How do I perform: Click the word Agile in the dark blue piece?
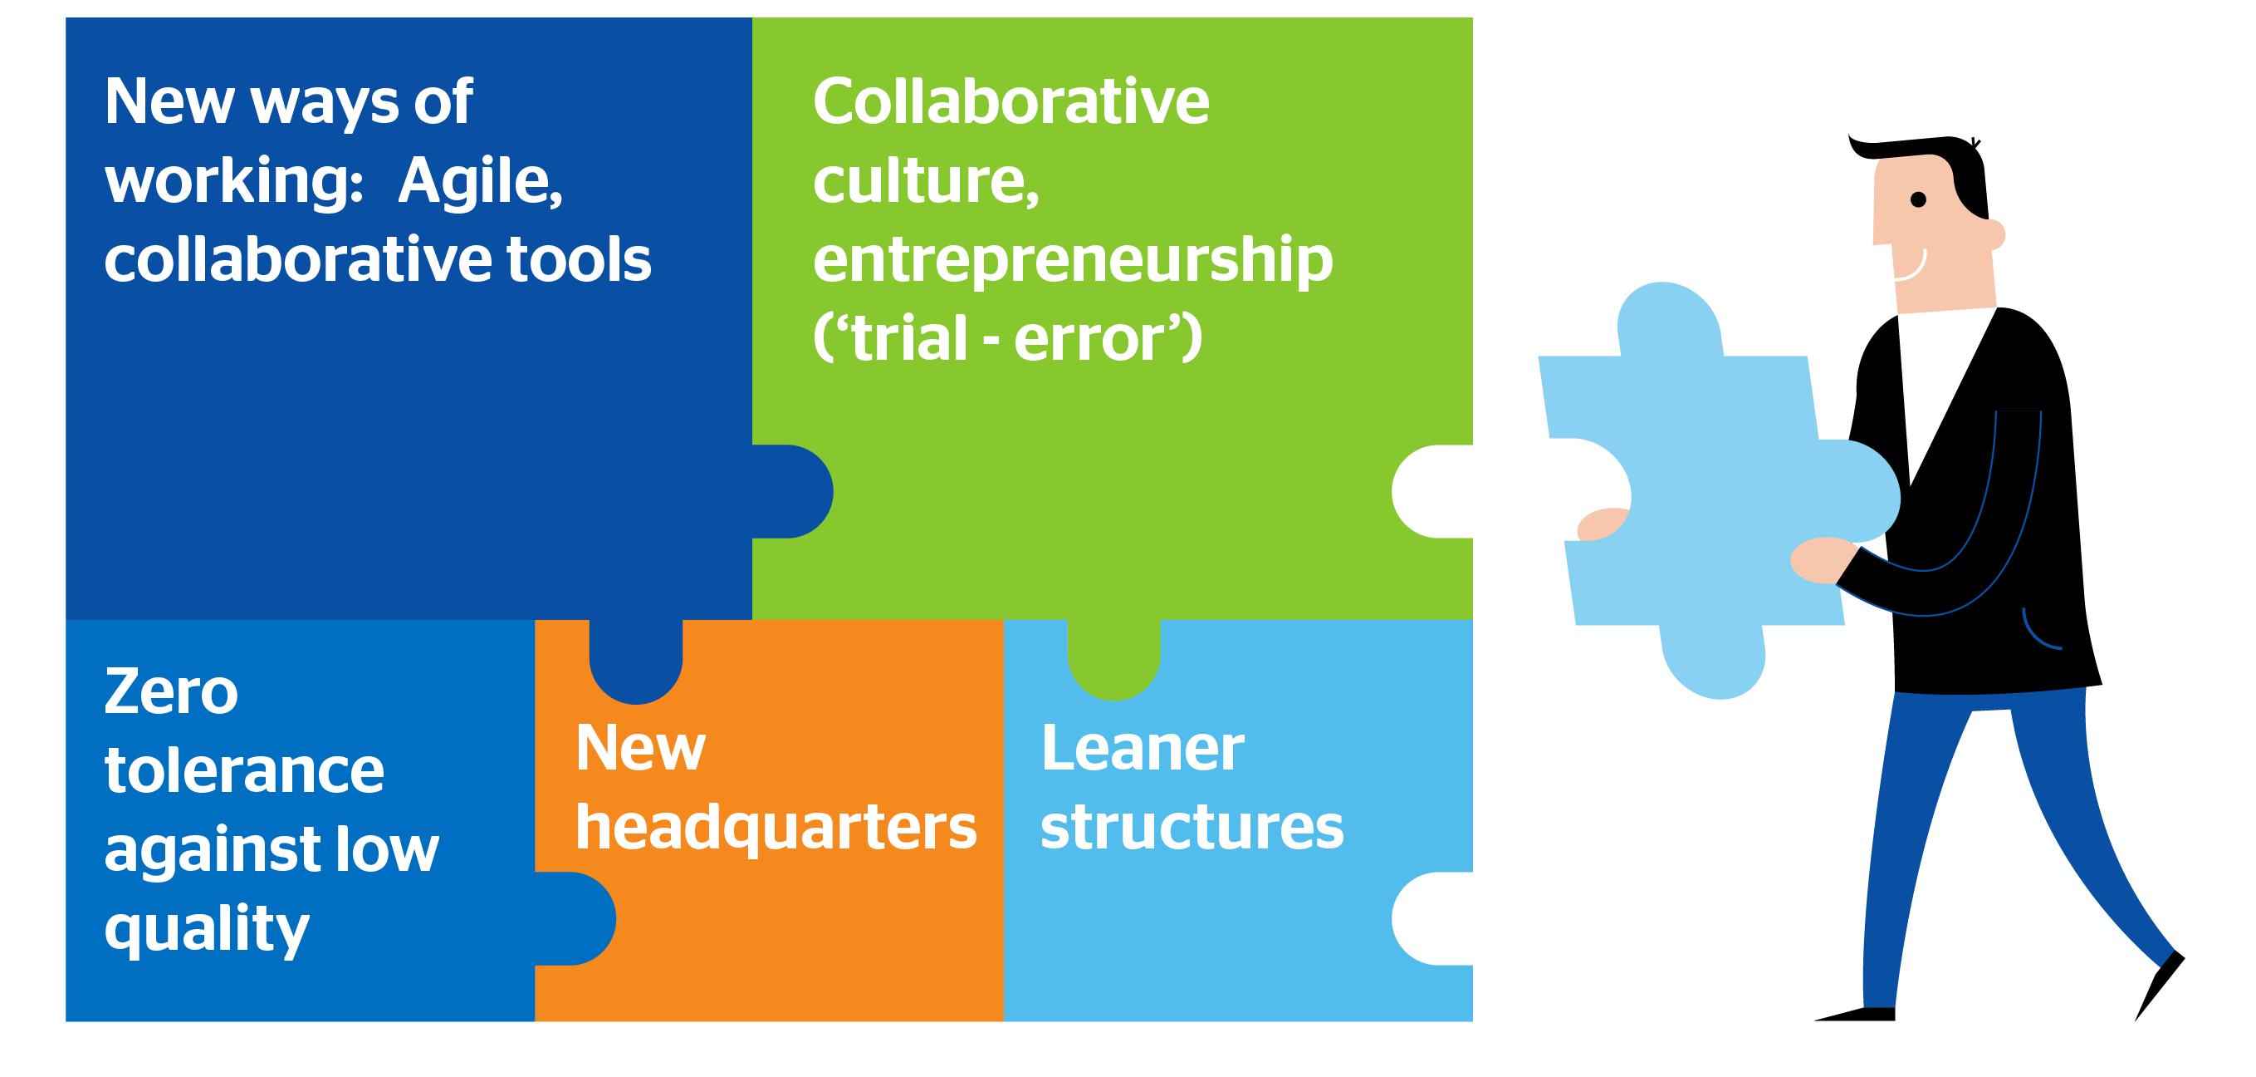pyautogui.click(x=479, y=182)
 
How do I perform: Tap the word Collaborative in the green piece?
pyautogui.click(x=1011, y=101)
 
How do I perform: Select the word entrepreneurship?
pyautogui.click(x=1072, y=260)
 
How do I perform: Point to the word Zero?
pyautogui.click(x=171, y=692)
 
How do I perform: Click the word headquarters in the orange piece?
pyautogui.click(x=775, y=829)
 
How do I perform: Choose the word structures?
pyautogui.click(x=1191, y=829)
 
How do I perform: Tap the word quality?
pyautogui.click(x=207, y=929)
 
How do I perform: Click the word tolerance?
pyautogui.click(x=244, y=771)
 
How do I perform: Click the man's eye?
pyautogui.click(x=1917, y=199)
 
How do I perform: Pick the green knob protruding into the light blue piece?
pyautogui.click(x=1113, y=661)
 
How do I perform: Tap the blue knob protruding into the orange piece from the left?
pyautogui.click(x=578, y=918)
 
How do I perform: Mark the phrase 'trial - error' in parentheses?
pyautogui.click(x=1007, y=339)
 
